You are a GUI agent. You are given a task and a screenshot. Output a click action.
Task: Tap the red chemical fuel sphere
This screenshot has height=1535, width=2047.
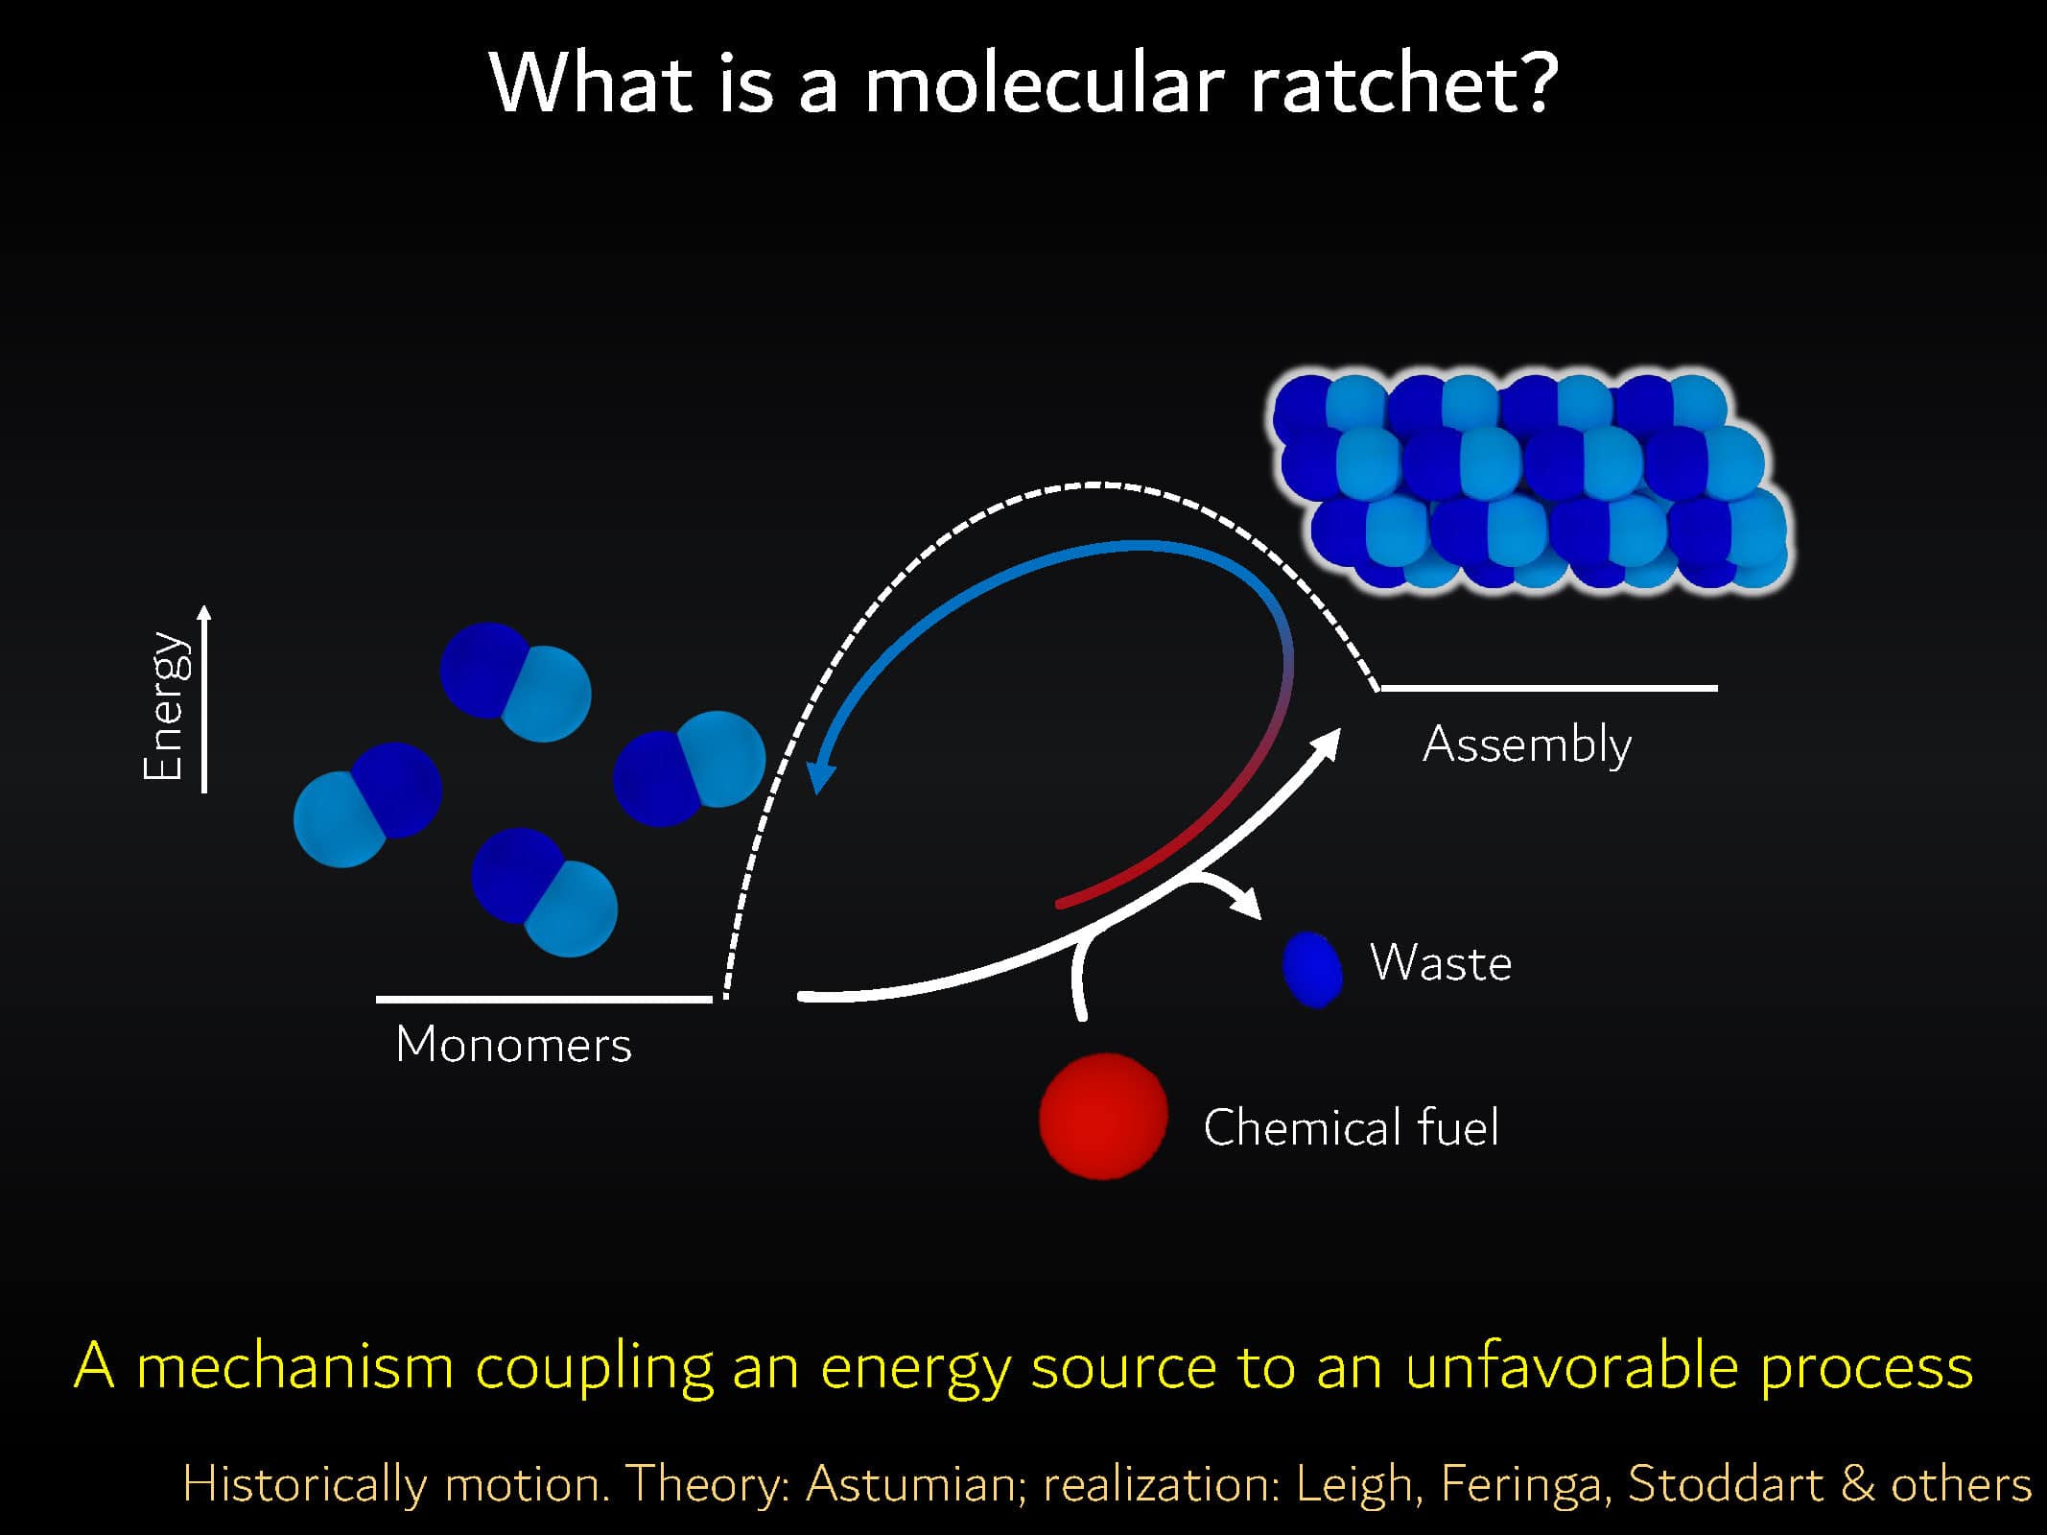(1103, 1116)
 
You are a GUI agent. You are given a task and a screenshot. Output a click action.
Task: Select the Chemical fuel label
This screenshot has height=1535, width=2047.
(1351, 1126)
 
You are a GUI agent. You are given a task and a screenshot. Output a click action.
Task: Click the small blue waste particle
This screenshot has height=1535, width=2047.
(1312, 969)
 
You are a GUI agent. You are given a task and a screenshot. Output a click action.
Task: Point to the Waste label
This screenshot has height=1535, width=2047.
(1441, 962)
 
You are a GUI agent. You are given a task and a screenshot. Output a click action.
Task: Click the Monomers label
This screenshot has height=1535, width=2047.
(513, 1044)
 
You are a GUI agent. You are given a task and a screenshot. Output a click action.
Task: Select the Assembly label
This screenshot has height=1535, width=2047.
(1527, 744)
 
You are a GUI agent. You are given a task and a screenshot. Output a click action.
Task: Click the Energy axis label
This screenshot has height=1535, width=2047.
(163, 705)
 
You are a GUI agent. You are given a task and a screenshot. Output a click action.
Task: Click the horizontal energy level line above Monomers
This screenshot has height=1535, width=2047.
(544, 999)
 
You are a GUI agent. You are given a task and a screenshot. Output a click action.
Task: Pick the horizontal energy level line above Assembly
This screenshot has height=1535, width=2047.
(1548, 687)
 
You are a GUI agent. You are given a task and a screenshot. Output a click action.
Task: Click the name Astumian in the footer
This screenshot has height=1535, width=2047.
(911, 1484)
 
